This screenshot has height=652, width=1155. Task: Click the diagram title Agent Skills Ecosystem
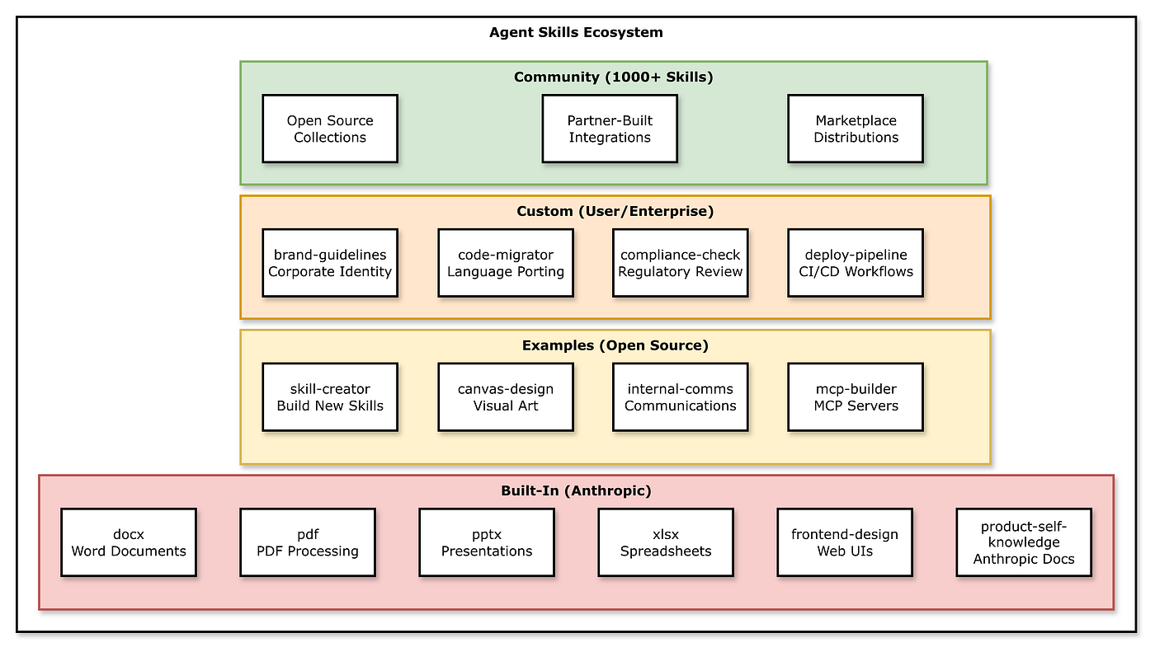[576, 33]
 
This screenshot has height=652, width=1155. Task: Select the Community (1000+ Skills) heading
[613, 77]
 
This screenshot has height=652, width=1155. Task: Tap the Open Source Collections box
[330, 129]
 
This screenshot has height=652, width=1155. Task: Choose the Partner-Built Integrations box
[610, 129]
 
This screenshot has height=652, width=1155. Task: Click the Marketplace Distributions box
[856, 129]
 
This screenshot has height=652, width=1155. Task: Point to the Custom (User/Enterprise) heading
[615, 212]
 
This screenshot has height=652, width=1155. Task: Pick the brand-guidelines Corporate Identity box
[330, 263]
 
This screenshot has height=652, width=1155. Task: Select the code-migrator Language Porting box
[506, 263]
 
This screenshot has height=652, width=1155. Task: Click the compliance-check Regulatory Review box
[681, 263]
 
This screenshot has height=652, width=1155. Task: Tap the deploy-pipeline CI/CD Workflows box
[856, 263]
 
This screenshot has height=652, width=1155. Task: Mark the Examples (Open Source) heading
[615, 345]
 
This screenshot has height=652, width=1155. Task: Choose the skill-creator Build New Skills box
[330, 397]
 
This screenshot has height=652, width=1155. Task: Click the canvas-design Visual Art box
[506, 397]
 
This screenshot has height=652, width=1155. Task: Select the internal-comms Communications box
[681, 397]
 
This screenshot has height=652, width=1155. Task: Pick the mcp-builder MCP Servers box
[856, 397]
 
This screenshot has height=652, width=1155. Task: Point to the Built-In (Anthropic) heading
[576, 491]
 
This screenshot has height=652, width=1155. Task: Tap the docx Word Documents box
[129, 542]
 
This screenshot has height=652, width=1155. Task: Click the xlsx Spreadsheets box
[666, 542]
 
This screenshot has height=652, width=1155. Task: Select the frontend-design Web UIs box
[845, 542]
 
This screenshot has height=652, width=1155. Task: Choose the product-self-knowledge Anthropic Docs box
[1024, 542]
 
